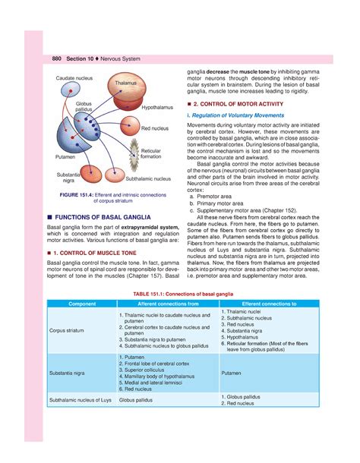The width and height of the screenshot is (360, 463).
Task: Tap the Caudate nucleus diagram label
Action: [71, 78]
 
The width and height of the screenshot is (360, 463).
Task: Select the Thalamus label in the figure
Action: [125, 83]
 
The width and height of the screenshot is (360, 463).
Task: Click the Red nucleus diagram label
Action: [154, 129]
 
